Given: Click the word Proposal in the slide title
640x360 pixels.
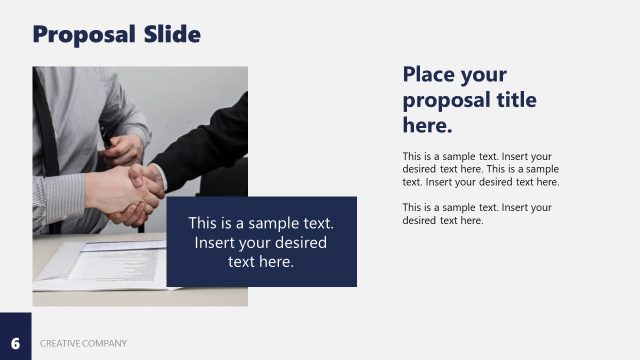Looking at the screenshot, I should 80,35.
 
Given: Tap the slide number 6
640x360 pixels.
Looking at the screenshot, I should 15,344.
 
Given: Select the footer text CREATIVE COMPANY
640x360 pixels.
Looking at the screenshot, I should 84,344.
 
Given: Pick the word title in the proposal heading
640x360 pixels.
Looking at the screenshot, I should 512,100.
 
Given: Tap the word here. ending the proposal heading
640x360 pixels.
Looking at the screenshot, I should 428,126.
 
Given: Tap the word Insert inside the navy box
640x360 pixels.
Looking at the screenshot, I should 217,242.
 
